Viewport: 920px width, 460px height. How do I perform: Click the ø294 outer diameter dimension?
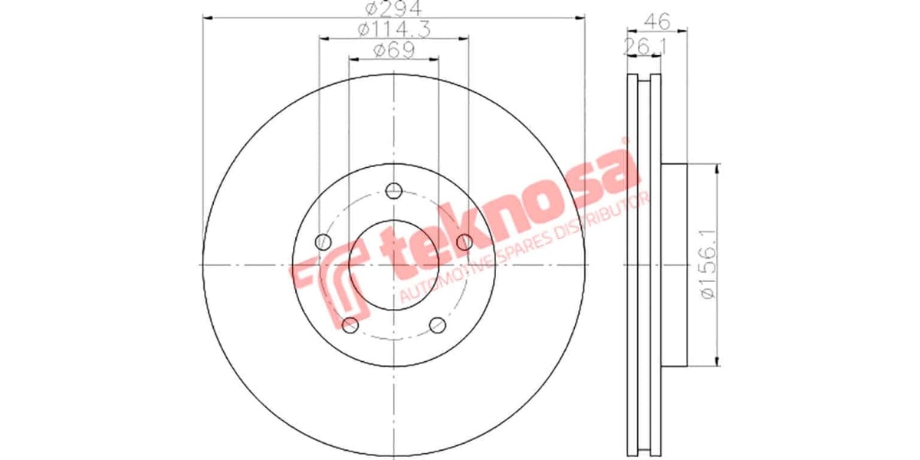393,9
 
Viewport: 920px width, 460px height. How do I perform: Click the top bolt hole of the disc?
393,190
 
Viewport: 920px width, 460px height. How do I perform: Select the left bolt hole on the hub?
323,242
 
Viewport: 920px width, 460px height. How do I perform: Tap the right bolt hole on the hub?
464,242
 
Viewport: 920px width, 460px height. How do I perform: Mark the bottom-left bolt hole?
350,325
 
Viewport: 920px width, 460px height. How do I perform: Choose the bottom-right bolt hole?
437,325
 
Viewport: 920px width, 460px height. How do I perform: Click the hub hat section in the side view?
675,264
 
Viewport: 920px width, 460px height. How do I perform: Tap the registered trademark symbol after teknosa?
625,143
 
